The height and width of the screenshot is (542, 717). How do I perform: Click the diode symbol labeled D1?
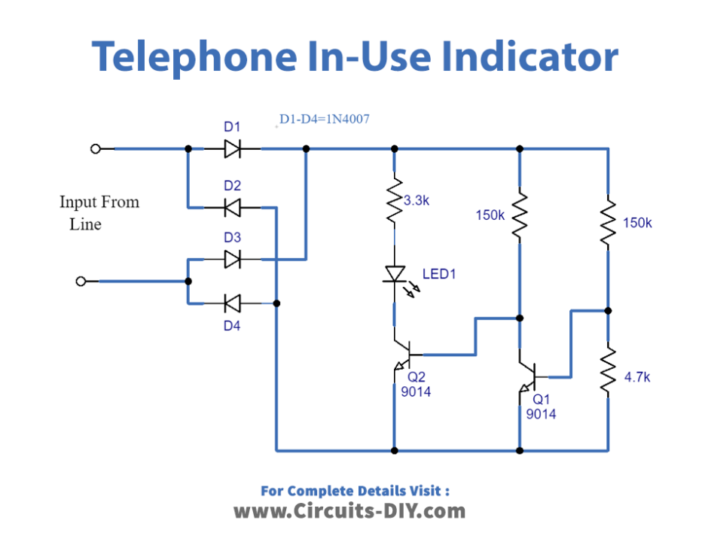233,149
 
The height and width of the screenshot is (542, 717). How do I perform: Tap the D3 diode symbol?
233,260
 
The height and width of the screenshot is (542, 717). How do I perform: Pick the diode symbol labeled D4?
233,303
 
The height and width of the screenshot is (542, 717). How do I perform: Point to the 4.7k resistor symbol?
608,370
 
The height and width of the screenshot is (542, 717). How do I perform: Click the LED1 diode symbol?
394,275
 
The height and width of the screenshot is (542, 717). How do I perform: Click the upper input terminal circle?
96,149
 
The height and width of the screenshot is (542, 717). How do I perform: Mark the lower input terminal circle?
82,281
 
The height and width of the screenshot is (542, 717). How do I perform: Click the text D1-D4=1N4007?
324,119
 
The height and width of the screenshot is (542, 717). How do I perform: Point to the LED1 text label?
439,274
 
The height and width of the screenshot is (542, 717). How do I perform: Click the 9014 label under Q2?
416,391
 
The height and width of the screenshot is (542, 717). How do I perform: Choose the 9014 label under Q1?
541,413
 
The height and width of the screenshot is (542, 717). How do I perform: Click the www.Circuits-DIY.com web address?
349,511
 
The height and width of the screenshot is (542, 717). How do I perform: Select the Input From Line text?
99,213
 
